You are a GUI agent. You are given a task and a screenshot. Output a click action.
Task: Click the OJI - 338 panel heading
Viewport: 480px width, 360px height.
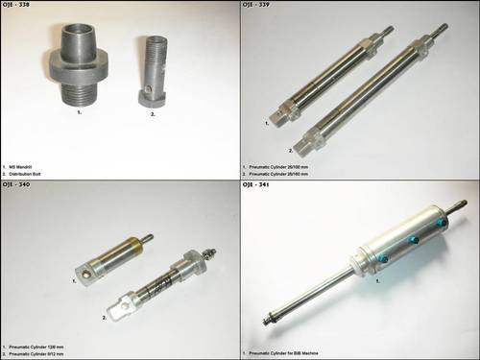coord(20,6)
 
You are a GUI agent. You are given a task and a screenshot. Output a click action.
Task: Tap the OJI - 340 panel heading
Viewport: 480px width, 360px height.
coord(20,186)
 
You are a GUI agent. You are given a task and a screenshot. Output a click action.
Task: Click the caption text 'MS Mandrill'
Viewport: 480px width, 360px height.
coord(30,159)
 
